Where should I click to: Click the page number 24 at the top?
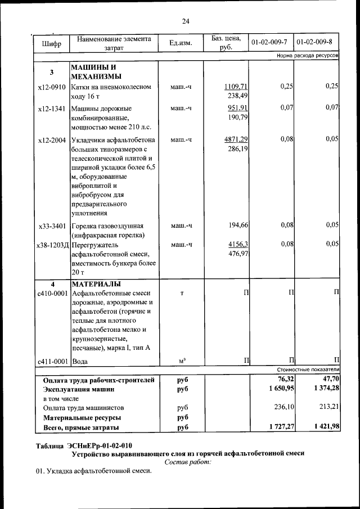[186, 21]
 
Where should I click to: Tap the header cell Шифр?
[51, 43]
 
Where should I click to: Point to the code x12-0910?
[52, 87]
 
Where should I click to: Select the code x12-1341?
[52, 108]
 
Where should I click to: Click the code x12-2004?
[52, 139]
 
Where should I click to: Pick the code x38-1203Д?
[52, 245]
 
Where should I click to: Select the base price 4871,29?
[236, 139]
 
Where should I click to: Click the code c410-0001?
[52, 293]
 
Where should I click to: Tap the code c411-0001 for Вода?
[52, 361]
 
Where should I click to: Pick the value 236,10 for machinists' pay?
[282, 408]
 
